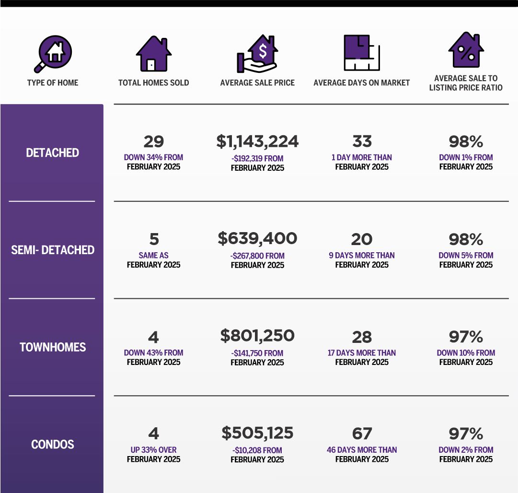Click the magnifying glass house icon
(53, 52)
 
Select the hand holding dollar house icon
(257, 53)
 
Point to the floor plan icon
(361, 53)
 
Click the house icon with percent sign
(466, 50)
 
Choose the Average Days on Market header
(361, 82)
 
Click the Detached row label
(53, 153)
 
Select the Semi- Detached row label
(53, 250)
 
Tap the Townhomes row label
(53, 347)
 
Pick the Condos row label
(53, 445)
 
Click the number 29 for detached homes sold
(153, 141)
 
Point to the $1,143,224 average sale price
(257, 141)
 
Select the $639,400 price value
(257, 238)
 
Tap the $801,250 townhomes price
(257, 336)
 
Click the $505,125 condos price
(257, 434)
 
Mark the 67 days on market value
(362, 434)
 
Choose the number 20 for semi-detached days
(362, 239)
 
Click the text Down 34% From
(153, 157)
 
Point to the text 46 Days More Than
(362, 450)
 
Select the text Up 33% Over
(153, 450)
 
